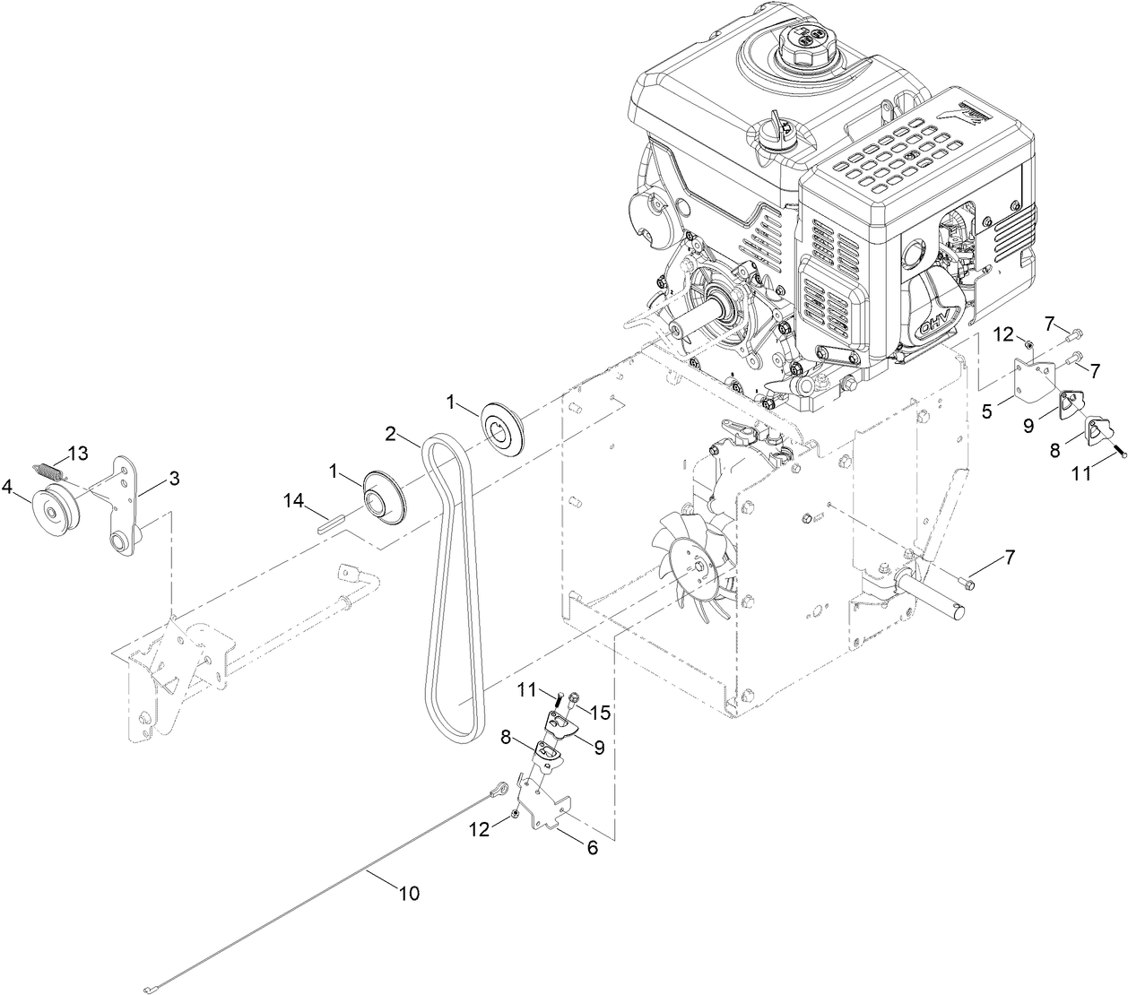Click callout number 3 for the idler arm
coord(174,479)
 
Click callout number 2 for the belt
coord(390,434)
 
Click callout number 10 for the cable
coord(408,893)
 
